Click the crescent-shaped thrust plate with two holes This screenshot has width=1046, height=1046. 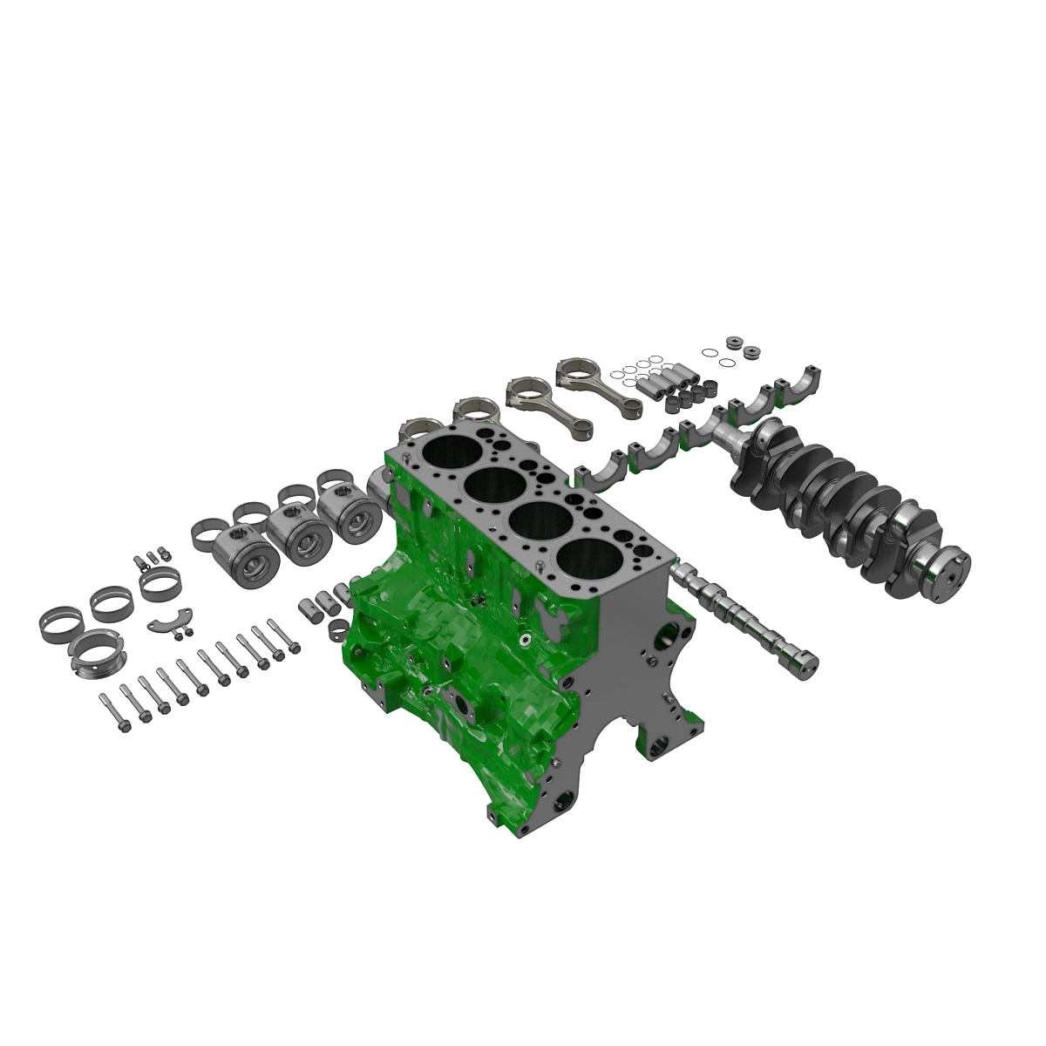(x=168, y=623)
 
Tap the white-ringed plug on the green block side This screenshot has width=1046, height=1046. (x=526, y=640)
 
